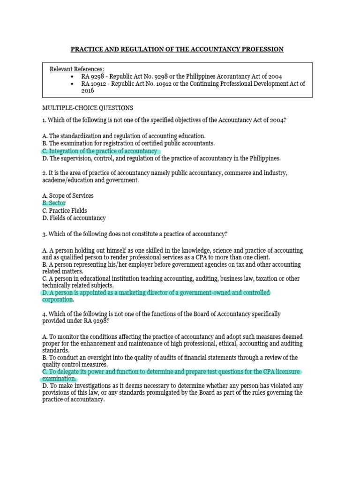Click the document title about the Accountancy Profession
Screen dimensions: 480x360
point(177,49)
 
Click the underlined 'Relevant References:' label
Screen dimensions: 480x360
point(77,69)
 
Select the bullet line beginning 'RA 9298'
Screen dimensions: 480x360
point(181,76)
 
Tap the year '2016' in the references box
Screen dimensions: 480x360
point(88,91)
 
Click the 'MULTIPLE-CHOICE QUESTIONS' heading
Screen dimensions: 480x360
point(88,108)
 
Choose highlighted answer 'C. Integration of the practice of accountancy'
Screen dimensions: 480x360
point(101,151)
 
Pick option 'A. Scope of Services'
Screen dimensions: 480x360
point(67,195)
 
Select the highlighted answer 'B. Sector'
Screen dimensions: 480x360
point(54,203)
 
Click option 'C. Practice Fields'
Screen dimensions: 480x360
point(64,210)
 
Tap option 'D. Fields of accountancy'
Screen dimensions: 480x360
point(74,218)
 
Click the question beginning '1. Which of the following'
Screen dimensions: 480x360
point(164,120)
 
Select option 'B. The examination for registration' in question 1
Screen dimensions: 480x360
point(128,143)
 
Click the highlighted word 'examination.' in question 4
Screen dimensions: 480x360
point(59,379)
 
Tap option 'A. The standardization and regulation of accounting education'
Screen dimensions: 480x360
point(124,135)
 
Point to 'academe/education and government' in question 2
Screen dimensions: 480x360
point(90,180)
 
